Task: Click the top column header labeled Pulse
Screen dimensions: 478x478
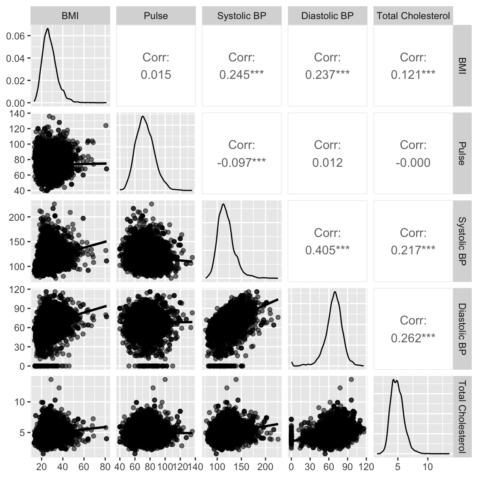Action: point(156,16)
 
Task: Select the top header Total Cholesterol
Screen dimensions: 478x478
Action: point(413,16)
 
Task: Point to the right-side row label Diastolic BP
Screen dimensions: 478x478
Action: point(462,328)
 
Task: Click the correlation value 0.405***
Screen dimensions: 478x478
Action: point(327,250)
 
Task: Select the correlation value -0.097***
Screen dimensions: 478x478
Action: point(241,162)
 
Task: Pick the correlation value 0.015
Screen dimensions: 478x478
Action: point(156,75)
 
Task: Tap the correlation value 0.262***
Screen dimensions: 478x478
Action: point(413,338)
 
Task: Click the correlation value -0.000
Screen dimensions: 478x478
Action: point(413,162)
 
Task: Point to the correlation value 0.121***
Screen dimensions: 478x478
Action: point(413,75)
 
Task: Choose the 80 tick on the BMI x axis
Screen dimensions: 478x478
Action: point(105,466)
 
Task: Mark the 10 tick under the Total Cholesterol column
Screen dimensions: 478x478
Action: point(427,466)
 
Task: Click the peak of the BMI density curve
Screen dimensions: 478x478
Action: point(47,29)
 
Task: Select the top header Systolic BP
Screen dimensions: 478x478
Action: point(241,16)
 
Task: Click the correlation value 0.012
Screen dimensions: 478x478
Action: point(327,162)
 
